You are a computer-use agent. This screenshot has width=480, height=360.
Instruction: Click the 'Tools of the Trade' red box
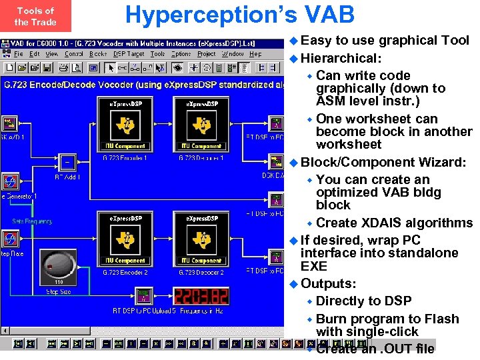(35, 17)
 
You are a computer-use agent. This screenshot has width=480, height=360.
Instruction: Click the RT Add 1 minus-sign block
(67, 162)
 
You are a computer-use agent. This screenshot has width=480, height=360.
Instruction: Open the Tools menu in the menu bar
(157, 54)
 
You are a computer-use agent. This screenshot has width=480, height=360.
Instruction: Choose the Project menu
(207, 54)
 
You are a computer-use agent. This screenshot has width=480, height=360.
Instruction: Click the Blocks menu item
(98, 54)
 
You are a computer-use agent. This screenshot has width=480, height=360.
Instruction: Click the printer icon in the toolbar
(63, 67)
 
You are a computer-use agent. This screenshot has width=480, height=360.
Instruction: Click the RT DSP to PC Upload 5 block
(142, 295)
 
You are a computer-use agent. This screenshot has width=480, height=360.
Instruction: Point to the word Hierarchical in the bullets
(340, 58)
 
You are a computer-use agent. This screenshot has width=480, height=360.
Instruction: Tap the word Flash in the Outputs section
(437, 319)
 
